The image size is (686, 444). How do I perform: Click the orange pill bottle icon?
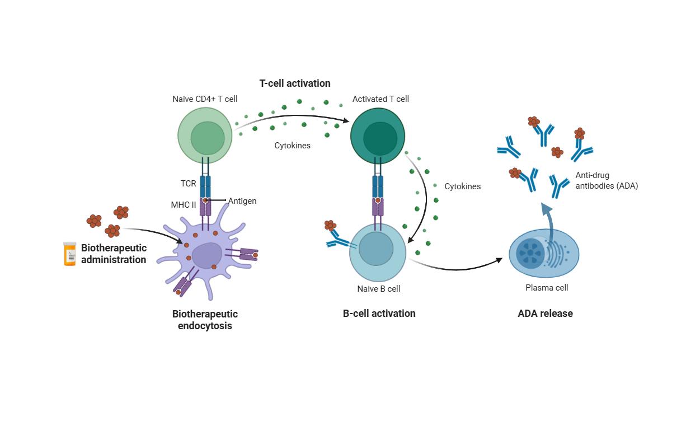tap(69, 254)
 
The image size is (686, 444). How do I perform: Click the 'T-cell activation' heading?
tap(295, 83)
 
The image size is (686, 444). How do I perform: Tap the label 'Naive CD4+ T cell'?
tap(205, 99)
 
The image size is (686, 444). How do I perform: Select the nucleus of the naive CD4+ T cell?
tap(208, 138)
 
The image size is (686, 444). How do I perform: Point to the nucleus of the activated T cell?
tap(384, 138)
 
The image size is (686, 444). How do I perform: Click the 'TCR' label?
tap(189, 184)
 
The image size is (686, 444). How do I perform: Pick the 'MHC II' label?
tap(184, 205)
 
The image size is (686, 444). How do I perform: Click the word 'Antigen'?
tap(242, 201)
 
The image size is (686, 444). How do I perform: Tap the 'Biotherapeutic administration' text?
tap(114, 254)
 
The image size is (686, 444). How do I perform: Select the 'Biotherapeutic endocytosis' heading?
tap(205, 320)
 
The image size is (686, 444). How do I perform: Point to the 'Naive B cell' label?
tap(379, 289)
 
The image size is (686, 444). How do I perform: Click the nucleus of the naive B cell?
tap(376, 249)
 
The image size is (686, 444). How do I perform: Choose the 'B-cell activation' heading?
tap(379, 314)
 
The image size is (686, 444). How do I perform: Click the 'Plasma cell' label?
tap(547, 288)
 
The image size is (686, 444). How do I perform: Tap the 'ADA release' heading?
tap(545, 314)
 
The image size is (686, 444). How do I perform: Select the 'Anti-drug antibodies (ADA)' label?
tap(607, 181)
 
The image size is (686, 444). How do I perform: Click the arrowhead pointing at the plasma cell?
tap(499, 260)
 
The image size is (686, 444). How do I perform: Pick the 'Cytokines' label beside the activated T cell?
tap(462, 186)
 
